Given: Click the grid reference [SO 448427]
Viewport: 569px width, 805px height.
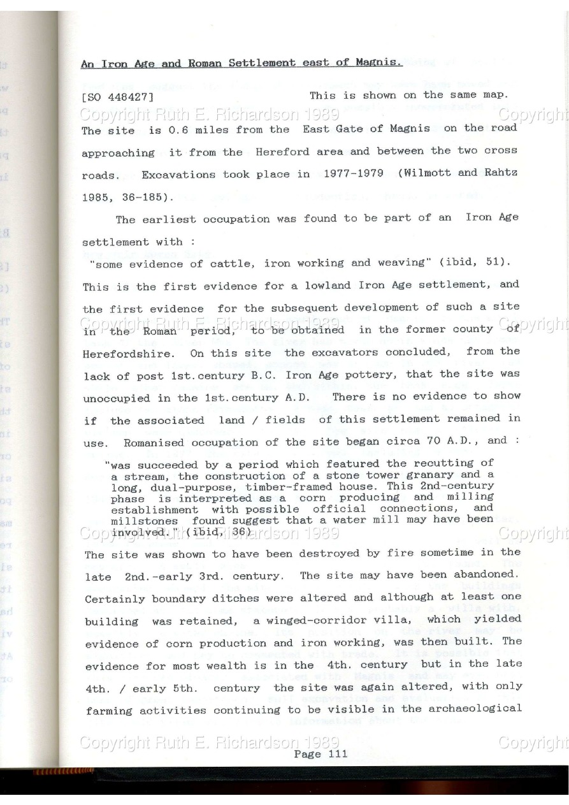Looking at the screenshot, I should pyautogui.click(x=118, y=99).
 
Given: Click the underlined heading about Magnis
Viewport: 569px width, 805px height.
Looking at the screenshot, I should pyautogui.click(x=241, y=63).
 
